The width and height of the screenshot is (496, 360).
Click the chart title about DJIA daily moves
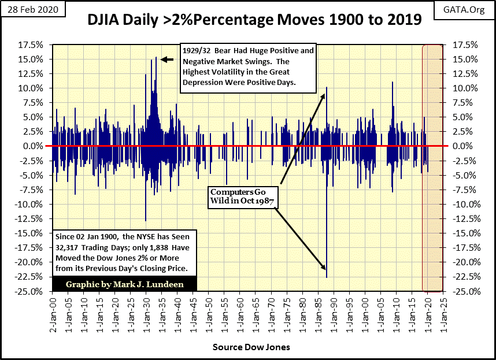point(254,21)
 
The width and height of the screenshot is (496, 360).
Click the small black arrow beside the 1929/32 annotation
point(166,59)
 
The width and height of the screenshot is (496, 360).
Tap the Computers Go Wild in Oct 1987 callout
point(243,196)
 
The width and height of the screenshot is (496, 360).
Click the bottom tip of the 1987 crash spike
point(327,277)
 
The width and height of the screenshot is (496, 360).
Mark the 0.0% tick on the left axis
point(33,146)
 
